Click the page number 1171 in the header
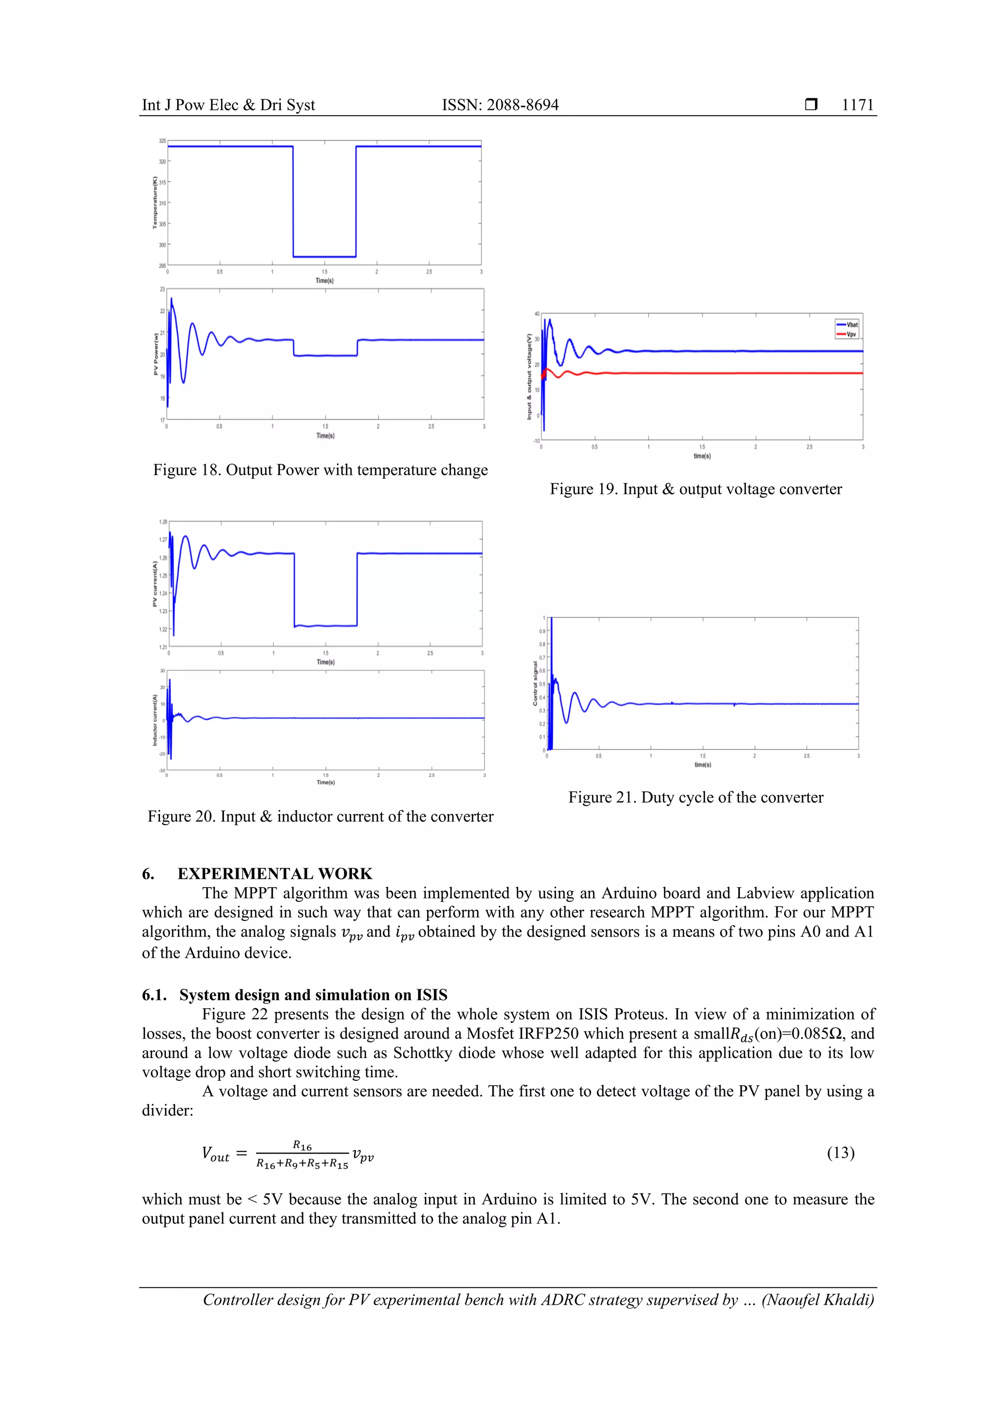[x=857, y=105]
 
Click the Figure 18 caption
[x=320, y=470]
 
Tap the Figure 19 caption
[x=695, y=489]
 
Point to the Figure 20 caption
[x=320, y=816]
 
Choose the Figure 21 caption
[x=695, y=797]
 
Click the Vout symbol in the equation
[x=215, y=1154]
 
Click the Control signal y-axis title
[x=536, y=683]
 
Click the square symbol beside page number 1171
[x=811, y=105]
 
